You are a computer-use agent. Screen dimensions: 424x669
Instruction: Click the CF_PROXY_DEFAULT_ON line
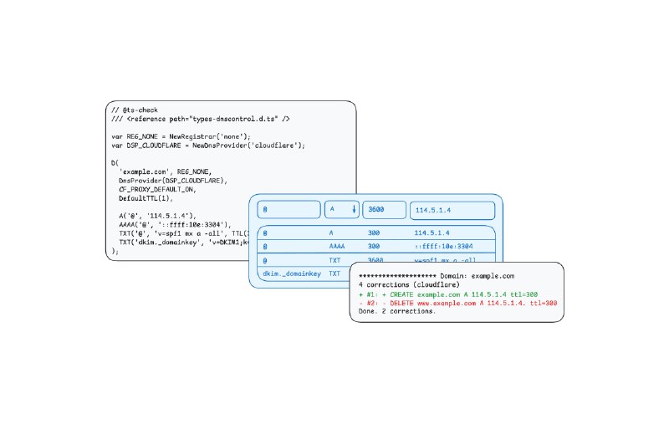click(x=163, y=190)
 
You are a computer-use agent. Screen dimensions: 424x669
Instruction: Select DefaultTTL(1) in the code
click(x=146, y=199)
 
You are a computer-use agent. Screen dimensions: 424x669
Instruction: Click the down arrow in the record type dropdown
click(x=353, y=209)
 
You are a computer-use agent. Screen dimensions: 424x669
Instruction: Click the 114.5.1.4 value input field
click(x=455, y=209)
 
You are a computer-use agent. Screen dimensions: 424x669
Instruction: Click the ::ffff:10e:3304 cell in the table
click(x=444, y=247)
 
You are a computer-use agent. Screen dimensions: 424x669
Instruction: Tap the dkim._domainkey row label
click(x=292, y=273)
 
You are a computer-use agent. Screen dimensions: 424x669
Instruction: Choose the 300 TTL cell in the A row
click(x=374, y=233)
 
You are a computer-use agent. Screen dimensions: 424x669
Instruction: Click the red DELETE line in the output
click(x=457, y=303)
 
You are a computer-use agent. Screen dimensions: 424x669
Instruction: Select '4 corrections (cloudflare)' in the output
click(x=410, y=284)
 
